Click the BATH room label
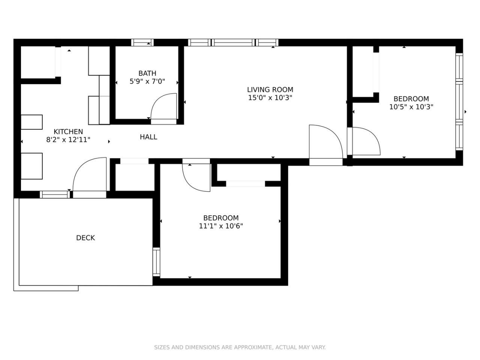[x=147, y=73]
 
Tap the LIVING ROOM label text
[x=270, y=90]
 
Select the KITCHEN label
[x=68, y=132]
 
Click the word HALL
[x=148, y=137]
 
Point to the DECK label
[x=85, y=238]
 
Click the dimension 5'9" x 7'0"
[x=147, y=81]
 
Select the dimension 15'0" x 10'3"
[x=270, y=98]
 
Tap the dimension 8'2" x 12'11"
[x=68, y=139]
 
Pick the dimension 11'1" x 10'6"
[x=221, y=226]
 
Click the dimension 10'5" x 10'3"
[x=411, y=107]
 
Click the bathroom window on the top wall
[x=142, y=42]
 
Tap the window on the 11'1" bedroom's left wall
[x=156, y=262]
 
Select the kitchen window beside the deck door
[x=55, y=194]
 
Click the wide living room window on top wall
[x=233, y=42]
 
